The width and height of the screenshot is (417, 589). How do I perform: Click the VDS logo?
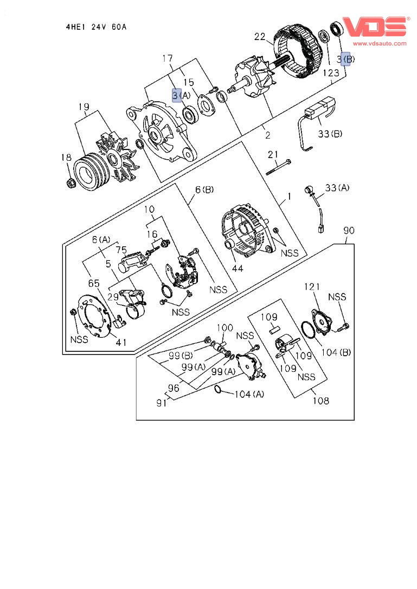(375, 27)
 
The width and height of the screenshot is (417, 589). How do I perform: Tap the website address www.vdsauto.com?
(380, 43)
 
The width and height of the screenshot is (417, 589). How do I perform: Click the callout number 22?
(260, 37)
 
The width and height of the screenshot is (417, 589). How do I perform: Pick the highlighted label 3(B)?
(347, 58)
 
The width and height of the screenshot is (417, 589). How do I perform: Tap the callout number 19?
(83, 107)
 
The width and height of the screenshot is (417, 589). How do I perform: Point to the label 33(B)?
(330, 134)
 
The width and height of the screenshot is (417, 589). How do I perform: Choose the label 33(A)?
(337, 187)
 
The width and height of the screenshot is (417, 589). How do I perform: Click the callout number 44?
(238, 268)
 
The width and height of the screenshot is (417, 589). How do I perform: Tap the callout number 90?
(349, 231)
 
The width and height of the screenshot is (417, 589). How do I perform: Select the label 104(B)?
(337, 352)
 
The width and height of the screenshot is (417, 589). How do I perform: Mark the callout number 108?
(320, 401)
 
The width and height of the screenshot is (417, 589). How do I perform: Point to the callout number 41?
(122, 343)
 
